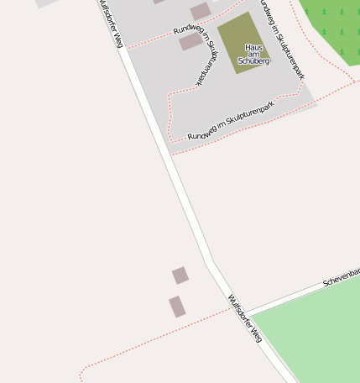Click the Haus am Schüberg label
[253, 54]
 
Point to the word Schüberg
[253, 61]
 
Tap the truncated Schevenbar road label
[341, 277]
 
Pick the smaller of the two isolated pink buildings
[180, 275]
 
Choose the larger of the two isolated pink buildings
[177, 307]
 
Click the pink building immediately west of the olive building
[191, 41]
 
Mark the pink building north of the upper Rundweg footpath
[200, 11]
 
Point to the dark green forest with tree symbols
[331, 25]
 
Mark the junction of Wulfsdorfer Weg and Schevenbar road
[246, 312]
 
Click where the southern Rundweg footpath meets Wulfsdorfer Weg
[171, 155]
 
